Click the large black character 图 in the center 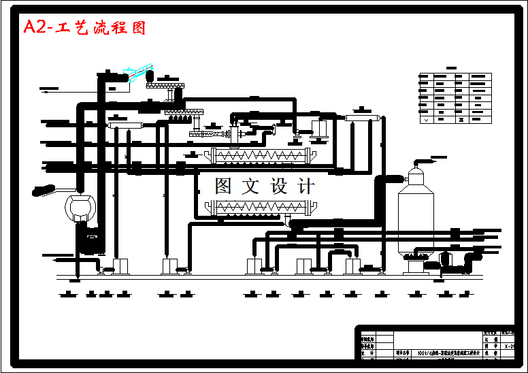click(x=225, y=186)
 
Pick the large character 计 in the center click(x=306, y=186)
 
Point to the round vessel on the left click(x=80, y=204)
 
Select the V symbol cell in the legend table click(x=427, y=119)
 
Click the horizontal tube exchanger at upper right click(x=362, y=118)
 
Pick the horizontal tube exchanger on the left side click(x=125, y=125)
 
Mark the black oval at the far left click(x=44, y=191)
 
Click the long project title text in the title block click(x=449, y=353)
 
